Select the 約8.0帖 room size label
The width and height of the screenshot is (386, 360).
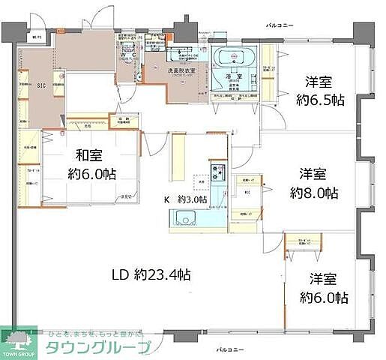pyautogui.click(x=315, y=193)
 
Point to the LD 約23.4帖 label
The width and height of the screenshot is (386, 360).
pyautogui.click(x=146, y=274)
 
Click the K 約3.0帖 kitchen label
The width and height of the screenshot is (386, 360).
pyautogui.click(x=186, y=200)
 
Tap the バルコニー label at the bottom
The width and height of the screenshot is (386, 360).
pyautogui.click(x=229, y=349)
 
